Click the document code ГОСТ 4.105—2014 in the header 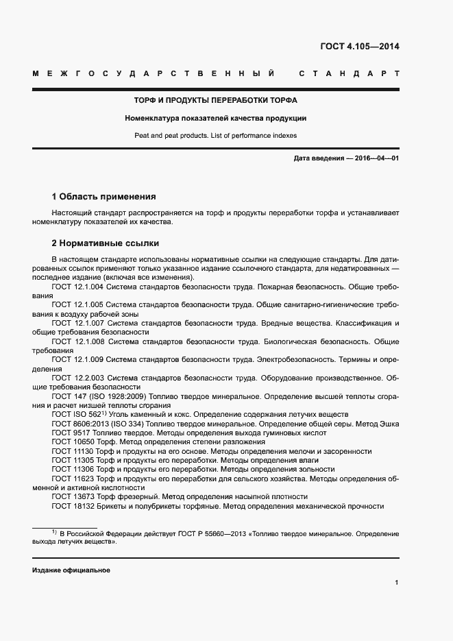tap(360, 47)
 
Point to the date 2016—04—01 tap(375, 158)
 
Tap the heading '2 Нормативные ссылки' tap(106, 243)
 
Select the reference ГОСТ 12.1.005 tap(77, 304)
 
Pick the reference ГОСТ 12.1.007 tap(77, 323)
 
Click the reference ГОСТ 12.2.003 tap(77, 378)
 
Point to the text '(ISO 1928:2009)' tap(106, 396)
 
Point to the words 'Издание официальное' tap(71, 570)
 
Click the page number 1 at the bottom tap(397, 583)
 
